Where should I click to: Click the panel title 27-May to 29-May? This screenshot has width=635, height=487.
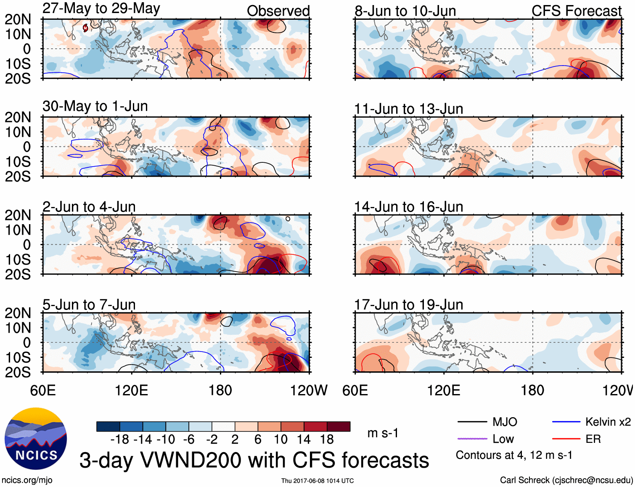point(101,8)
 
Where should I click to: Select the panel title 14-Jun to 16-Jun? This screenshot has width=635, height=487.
point(408,207)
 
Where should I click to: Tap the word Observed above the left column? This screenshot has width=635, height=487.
point(278,11)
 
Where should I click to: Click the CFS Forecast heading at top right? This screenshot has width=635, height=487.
point(576,11)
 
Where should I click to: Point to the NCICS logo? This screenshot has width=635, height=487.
point(36,439)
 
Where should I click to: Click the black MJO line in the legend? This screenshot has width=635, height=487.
point(472,422)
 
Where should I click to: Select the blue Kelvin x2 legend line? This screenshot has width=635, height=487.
point(566,422)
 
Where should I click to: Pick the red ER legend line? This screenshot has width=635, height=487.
point(566,439)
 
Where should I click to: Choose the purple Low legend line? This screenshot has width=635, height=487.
point(472,439)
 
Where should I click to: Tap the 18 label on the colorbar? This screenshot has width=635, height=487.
point(327,439)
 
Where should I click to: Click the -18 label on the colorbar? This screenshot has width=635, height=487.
point(120,439)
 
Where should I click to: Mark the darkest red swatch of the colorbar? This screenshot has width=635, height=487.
point(339,426)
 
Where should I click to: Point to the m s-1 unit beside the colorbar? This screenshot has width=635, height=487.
point(383,433)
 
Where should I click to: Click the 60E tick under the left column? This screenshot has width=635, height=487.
point(43,390)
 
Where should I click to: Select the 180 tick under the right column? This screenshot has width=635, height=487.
point(532,390)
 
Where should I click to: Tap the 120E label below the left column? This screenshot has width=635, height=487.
point(132,390)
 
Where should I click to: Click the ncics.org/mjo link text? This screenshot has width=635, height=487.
point(27,480)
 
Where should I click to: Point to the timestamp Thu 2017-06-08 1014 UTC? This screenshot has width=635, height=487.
point(317,481)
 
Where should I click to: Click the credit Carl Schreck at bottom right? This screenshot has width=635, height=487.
point(566,480)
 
